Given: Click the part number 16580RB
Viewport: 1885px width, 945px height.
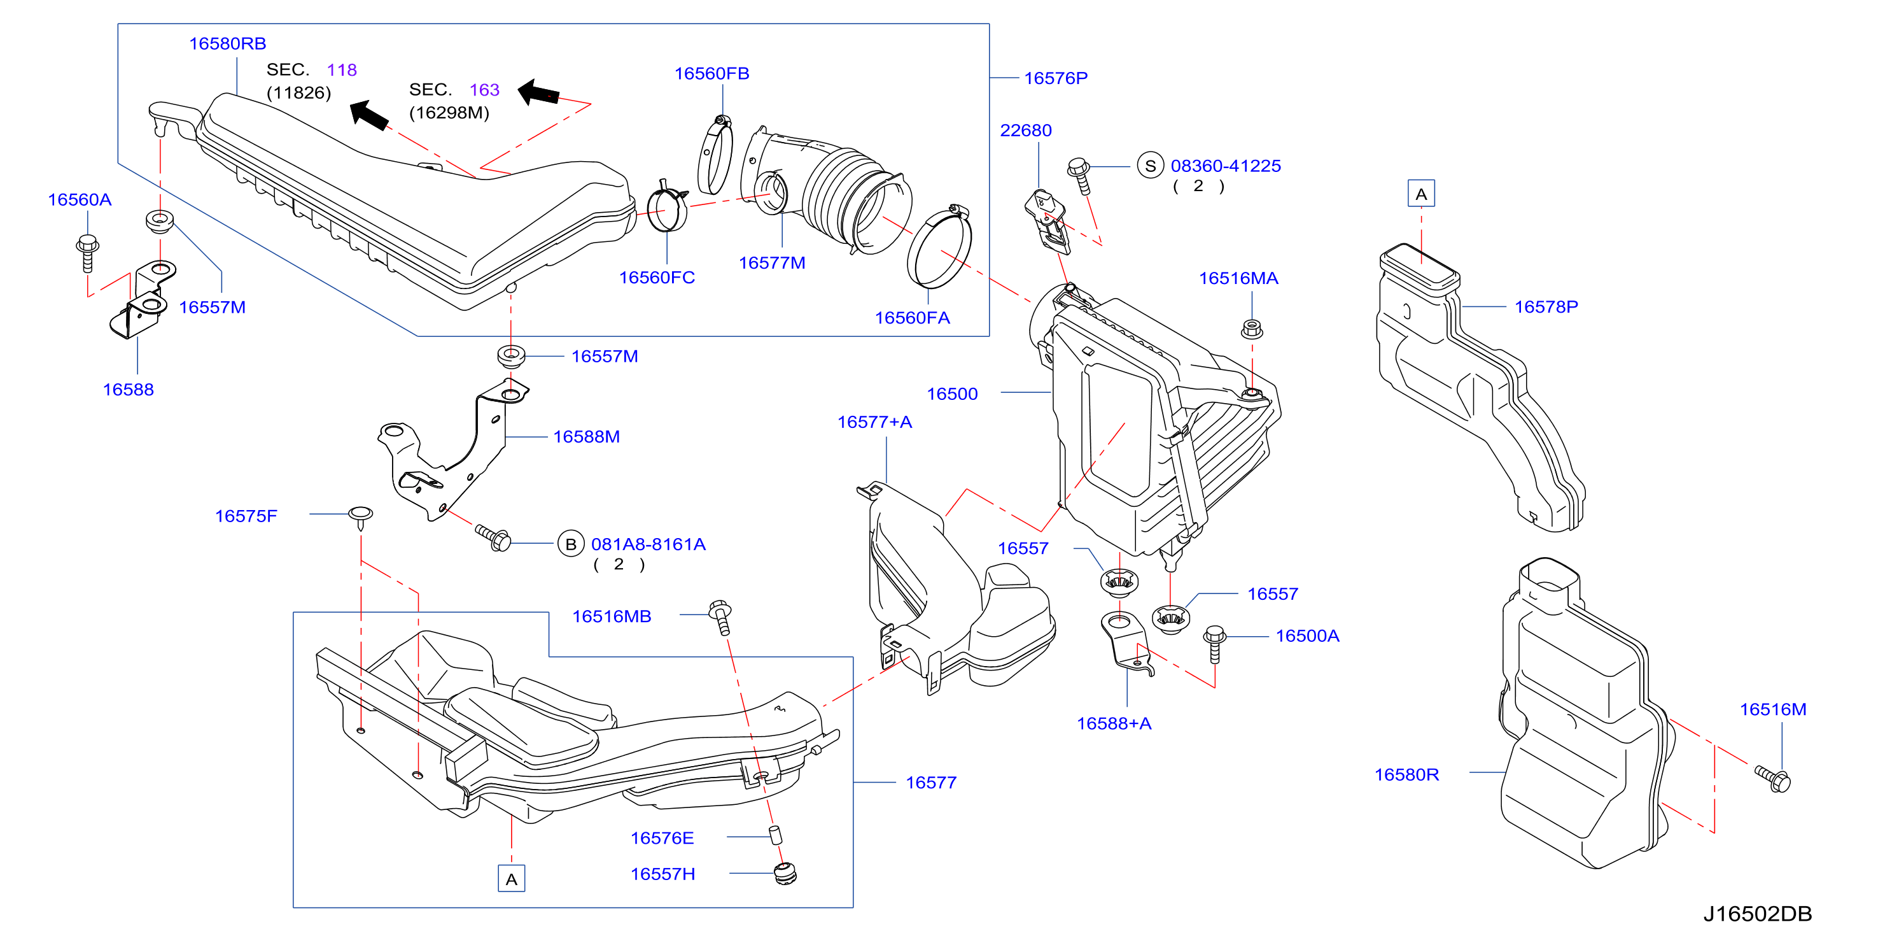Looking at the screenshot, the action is (x=228, y=44).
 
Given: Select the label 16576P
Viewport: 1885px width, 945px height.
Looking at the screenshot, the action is (x=1055, y=78).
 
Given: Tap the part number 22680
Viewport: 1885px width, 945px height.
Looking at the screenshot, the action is (x=1025, y=131).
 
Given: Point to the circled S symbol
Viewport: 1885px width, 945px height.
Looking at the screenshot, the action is (x=1151, y=166).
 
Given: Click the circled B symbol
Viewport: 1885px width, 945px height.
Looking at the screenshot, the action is (x=571, y=544).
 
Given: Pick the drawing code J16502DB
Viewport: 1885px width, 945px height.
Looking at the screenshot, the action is (x=1757, y=914).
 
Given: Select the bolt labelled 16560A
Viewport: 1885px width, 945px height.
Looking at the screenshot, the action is (x=87, y=253).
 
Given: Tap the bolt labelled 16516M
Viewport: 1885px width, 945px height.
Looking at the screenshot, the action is (x=1772, y=779).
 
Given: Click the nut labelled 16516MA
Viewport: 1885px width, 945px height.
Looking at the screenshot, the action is (x=1251, y=329).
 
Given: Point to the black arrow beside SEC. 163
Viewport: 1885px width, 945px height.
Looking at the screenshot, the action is (x=538, y=93).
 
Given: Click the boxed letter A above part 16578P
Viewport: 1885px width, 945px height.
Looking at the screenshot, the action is (x=1421, y=194).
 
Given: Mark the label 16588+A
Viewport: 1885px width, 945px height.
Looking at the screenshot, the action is (x=1114, y=723).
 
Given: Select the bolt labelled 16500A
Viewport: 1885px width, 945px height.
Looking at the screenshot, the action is (x=1215, y=643).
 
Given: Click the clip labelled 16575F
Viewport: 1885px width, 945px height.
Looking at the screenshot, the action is (x=361, y=517).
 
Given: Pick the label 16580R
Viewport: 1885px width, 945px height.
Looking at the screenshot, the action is (x=1406, y=774).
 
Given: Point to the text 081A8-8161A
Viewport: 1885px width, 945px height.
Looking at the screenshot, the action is (x=648, y=544).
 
